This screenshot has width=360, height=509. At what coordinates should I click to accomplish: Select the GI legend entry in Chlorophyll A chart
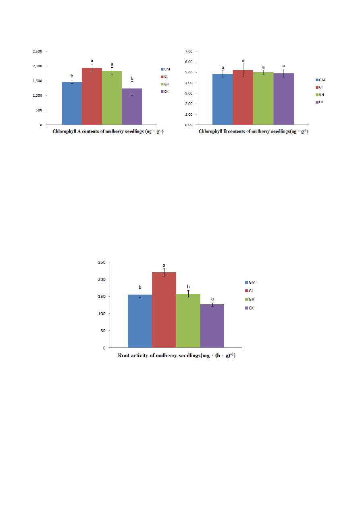click(x=165, y=77)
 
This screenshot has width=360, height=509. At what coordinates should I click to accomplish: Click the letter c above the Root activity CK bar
click(x=212, y=299)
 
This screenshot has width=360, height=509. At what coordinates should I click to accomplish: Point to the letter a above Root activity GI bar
click(x=164, y=266)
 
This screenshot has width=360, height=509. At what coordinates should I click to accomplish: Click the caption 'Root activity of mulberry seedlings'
click(x=177, y=356)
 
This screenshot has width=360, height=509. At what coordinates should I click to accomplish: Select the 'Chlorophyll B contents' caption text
click(x=253, y=132)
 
